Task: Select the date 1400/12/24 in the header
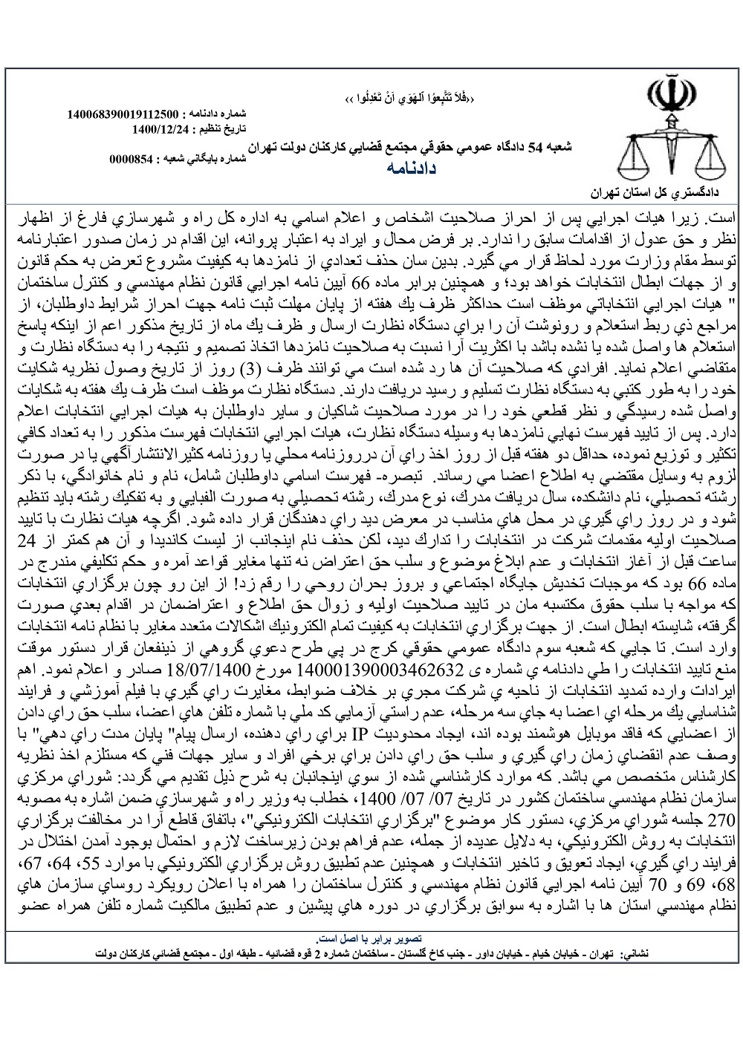pos(160,128)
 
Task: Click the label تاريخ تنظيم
pos(223,128)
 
